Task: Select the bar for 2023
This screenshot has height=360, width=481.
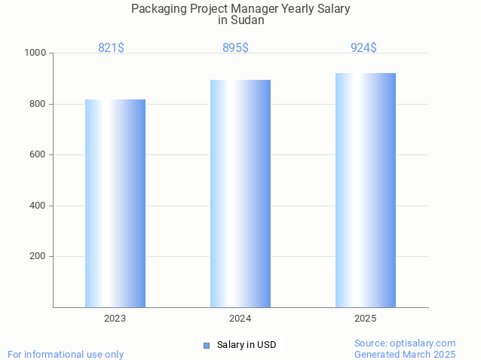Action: click(115, 203)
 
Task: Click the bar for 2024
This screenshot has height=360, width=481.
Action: click(240, 194)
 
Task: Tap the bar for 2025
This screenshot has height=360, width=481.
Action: click(366, 190)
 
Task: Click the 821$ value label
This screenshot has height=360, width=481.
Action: click(112, 47)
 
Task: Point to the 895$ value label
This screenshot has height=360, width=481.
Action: click(235, 47)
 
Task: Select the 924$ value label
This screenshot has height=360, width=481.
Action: click(363, 47)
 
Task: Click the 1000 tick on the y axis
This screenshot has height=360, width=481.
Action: click(35, 53)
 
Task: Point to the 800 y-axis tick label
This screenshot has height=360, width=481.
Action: click(37, 104)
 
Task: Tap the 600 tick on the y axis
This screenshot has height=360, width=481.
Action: click(37, 154)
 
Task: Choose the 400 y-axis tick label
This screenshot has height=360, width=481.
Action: click(37, 206)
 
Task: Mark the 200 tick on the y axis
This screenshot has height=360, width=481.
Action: click(37, 256)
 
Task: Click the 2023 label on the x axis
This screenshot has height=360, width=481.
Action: click(115, 319)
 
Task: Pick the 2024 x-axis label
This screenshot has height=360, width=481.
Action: click(240, 319)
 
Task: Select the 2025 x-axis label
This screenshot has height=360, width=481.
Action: click(366, 319)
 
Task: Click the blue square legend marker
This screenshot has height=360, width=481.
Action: click(206, 345)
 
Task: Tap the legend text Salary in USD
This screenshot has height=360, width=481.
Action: click(247, 345)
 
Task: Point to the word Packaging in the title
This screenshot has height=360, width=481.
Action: click(158, 9)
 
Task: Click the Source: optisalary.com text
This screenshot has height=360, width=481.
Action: click(405, 343)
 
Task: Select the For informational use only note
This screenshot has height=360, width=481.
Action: click(66, 354)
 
